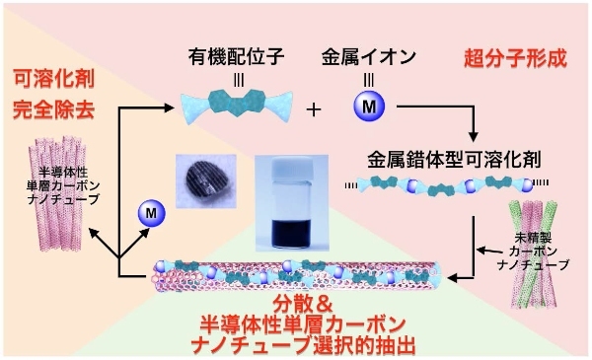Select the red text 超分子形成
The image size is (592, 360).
(x=515, y=57)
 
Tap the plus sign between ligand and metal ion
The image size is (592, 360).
(x=314, y=108)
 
